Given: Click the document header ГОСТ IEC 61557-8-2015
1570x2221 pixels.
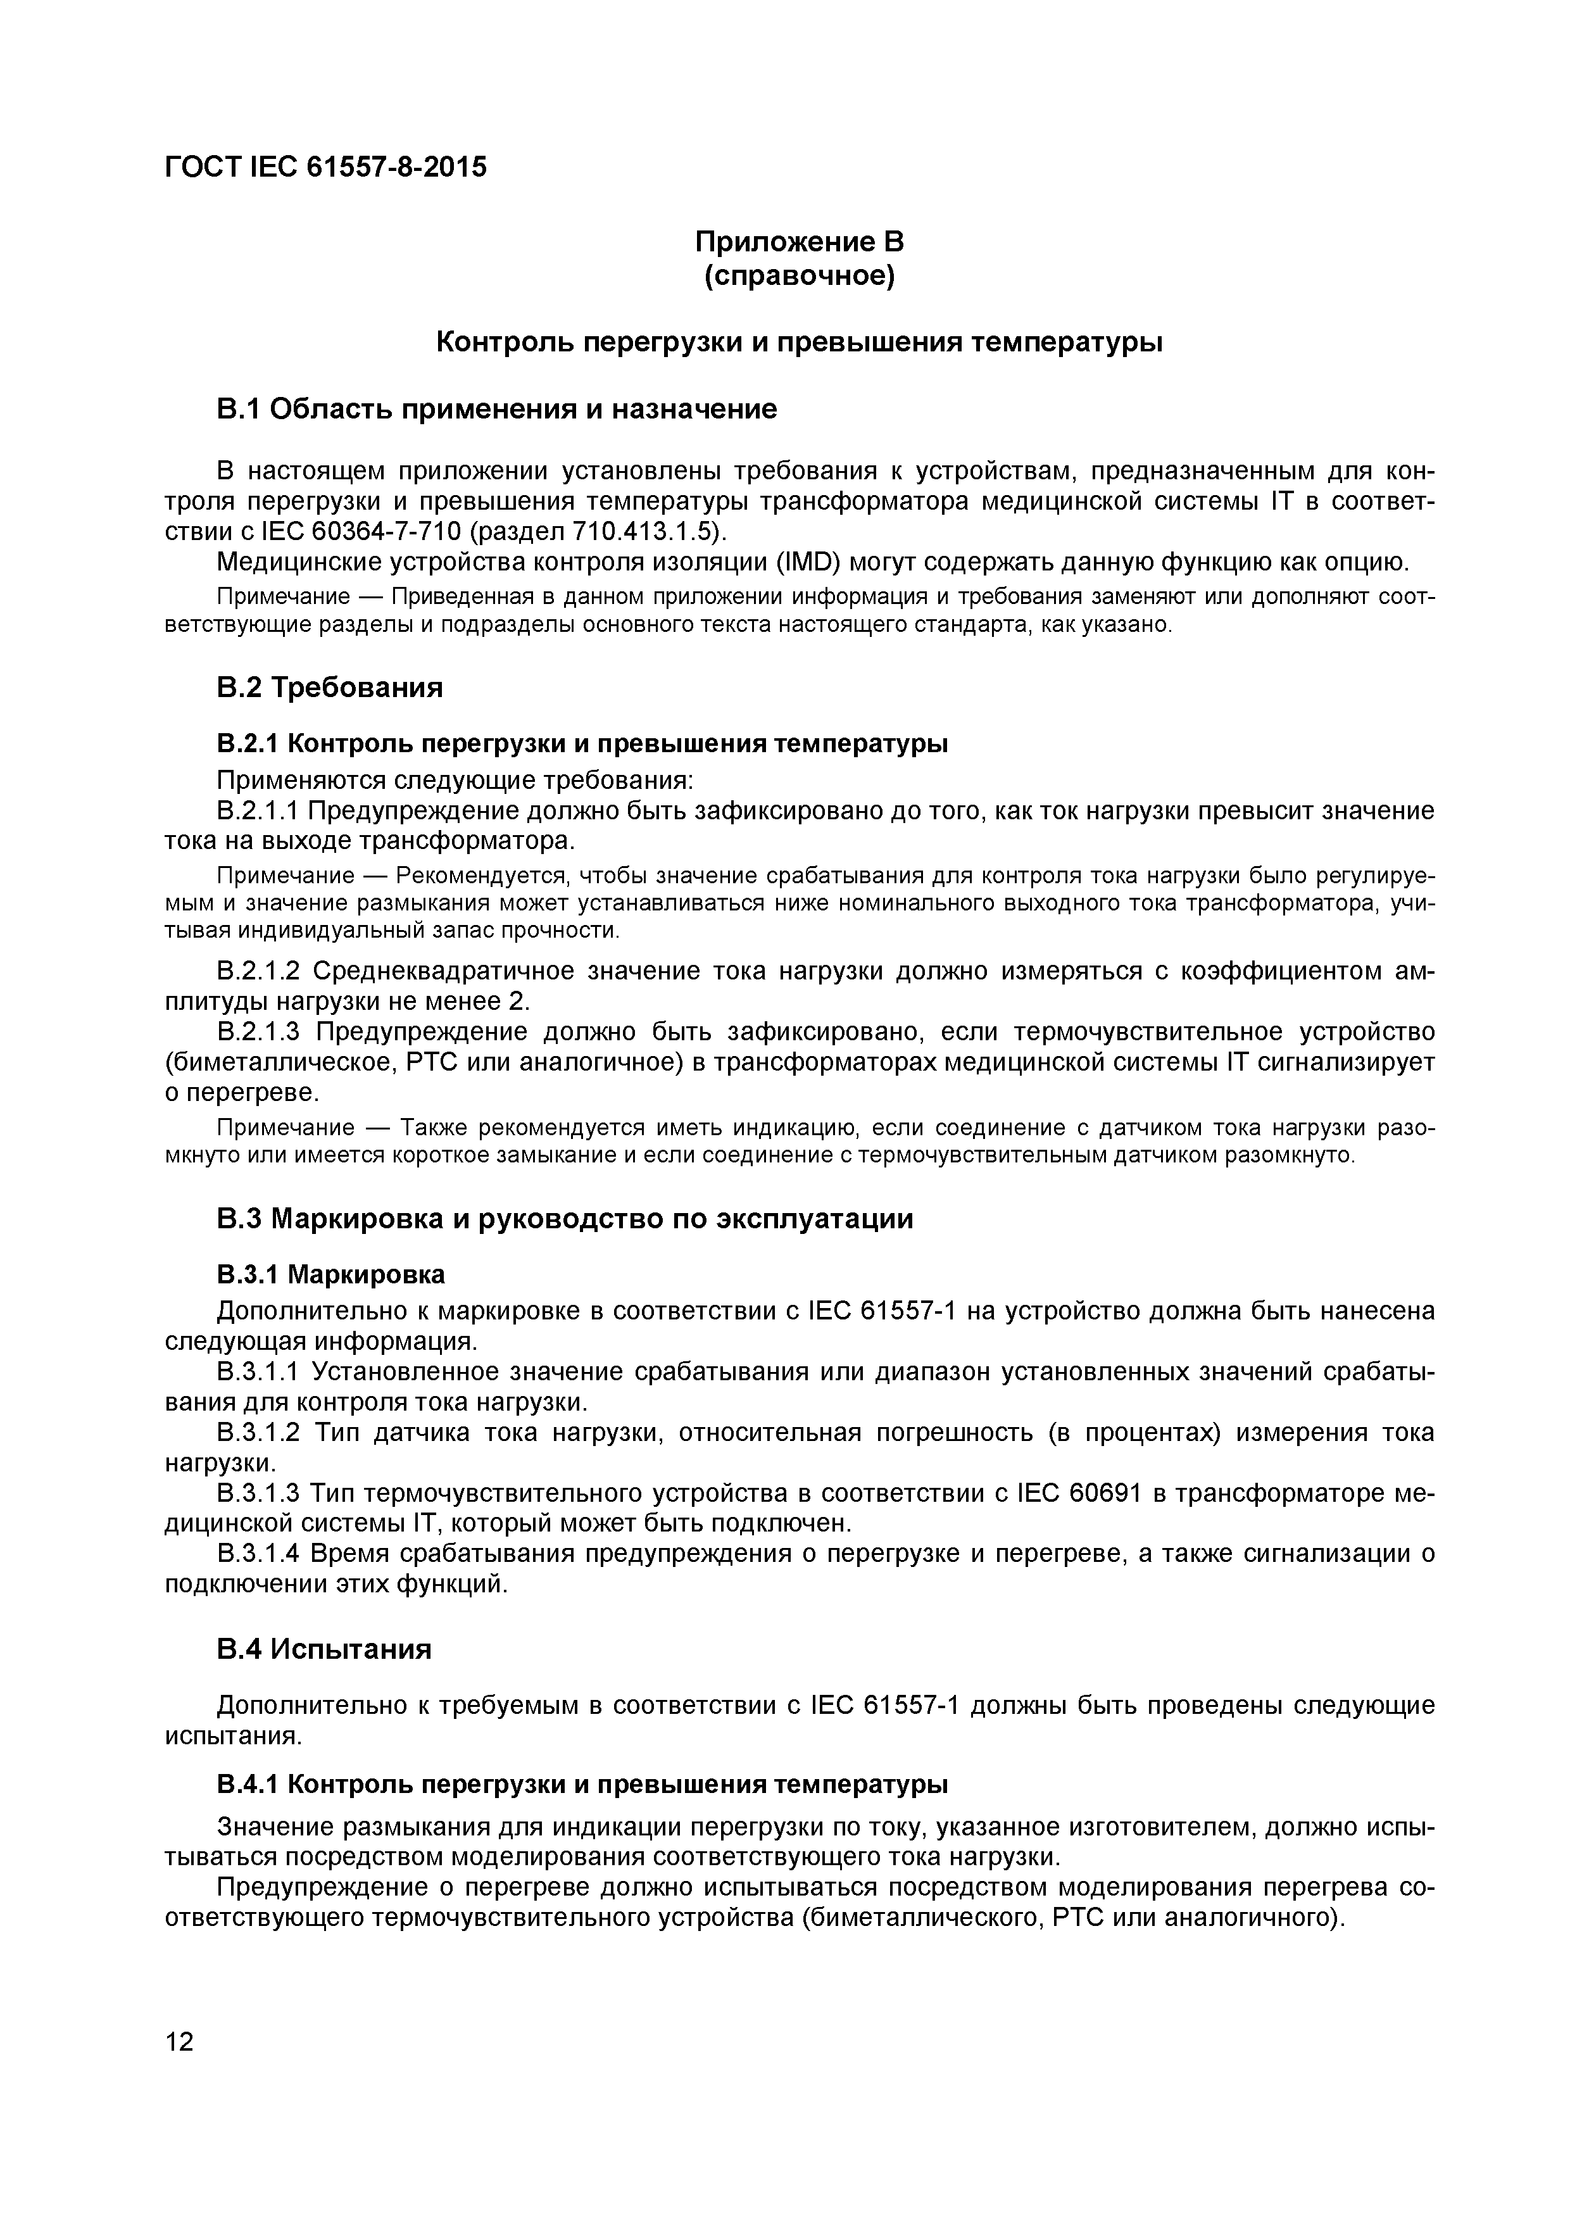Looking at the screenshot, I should [326, 167].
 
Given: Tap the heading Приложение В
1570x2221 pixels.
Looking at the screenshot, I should [799, 241].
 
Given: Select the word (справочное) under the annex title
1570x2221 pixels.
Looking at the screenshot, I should [799, 277].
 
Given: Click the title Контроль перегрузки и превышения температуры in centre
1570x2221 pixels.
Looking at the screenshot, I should [799, 343].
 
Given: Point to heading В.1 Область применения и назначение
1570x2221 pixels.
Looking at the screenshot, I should [496, 409].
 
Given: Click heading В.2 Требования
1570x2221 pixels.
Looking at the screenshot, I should [330, 688].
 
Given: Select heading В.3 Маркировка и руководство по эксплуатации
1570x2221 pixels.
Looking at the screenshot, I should [565, 1219].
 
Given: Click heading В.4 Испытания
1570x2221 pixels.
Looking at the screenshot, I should [324, 1648].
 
